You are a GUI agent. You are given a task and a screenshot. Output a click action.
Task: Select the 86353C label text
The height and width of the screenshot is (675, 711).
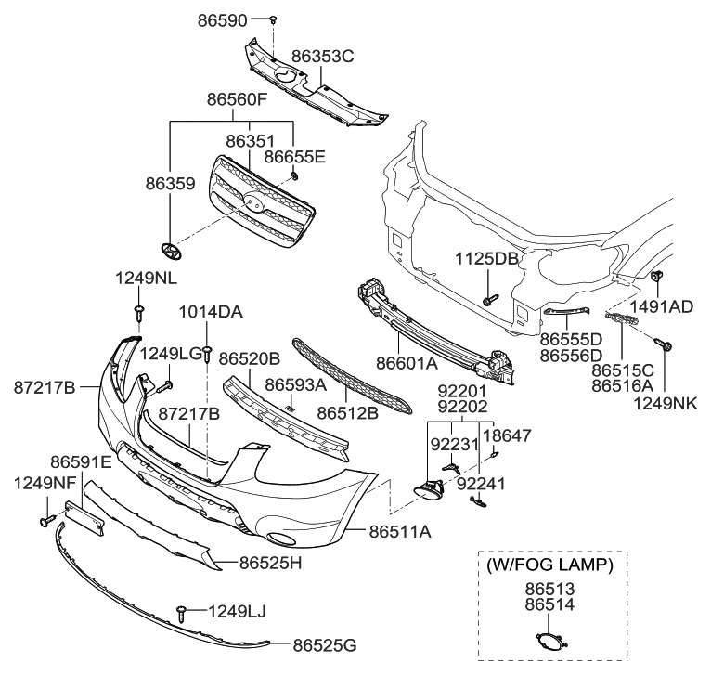(x=322, y=57)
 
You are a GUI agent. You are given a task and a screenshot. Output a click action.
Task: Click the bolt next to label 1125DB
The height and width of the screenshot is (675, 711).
(x=490, y=300)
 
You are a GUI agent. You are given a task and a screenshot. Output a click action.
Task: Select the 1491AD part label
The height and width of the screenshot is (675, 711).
(x=663, y=305)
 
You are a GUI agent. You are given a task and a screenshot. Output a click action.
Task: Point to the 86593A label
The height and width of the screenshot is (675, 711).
(x=295, y=383)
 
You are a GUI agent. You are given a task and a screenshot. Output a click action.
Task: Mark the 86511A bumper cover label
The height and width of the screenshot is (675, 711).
(x=399, y=532)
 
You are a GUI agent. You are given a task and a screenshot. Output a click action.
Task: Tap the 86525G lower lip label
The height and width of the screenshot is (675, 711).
(x=324, y=643)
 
